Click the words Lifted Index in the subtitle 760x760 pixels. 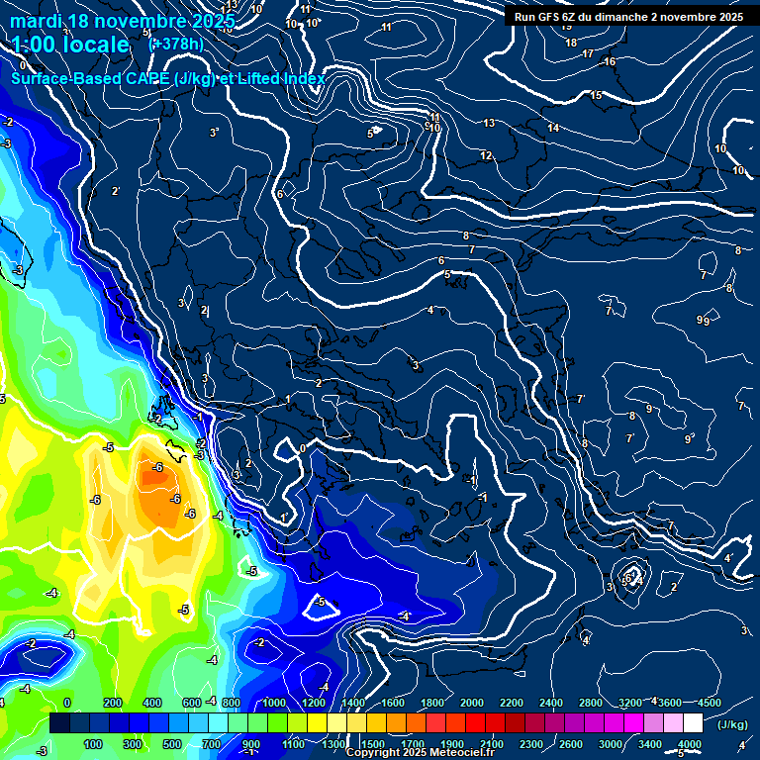tap(278, 79)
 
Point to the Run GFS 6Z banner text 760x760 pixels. tap(554, 17)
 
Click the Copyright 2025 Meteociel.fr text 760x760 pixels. tap(421, 752)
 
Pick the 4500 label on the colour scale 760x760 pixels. tap(709, 702)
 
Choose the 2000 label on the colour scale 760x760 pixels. tap(472, 702)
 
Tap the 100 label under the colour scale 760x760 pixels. tap(93, 744)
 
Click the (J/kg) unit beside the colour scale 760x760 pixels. tap(732, 724)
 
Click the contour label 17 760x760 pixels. tap(588, 53)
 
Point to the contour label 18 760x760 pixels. tap(571, 43)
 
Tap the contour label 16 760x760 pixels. tap(610, 62)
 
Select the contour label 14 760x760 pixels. tap(553, 128)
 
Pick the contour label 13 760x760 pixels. tap(489, 123)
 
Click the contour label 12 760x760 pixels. tap(486, 156)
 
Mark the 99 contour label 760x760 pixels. tap(704, 320)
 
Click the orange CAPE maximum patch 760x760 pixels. tap(163, 490)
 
